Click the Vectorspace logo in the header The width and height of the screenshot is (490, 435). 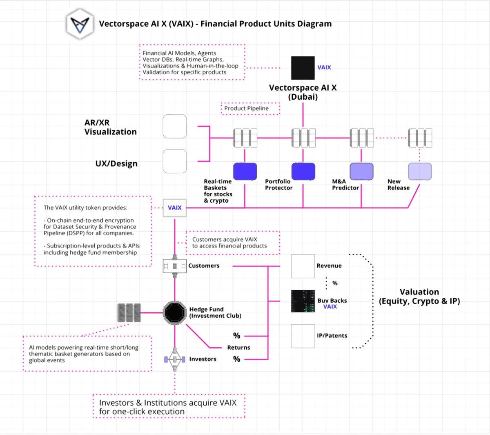coord(80,24)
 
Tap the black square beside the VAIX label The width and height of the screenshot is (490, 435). coord(303,68)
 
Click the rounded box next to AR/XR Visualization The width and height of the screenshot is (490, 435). coord(175,126)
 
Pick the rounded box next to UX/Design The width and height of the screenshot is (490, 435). coord(175,161)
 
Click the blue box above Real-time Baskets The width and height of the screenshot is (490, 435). coord(245,172)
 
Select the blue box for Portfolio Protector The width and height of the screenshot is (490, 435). coord(303,172)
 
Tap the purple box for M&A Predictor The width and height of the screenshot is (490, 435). coord(361,172)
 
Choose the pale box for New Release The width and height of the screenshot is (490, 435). coord(420,172)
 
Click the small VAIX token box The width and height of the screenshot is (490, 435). coord(175,208)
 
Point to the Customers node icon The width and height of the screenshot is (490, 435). coord(175,266)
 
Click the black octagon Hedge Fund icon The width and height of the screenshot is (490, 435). coord(175,313)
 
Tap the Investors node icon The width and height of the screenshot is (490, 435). coord(175,359)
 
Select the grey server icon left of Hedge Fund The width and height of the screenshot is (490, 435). coord(129,313)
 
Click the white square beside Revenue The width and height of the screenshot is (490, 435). coord(303,266)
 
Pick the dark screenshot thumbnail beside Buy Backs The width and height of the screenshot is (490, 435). coord(303,301)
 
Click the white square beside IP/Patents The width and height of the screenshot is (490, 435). coord(303,336)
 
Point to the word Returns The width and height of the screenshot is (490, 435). coord(238,348)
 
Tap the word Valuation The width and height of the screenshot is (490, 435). coord(419,292)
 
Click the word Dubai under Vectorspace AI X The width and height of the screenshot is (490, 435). coord(303,97)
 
